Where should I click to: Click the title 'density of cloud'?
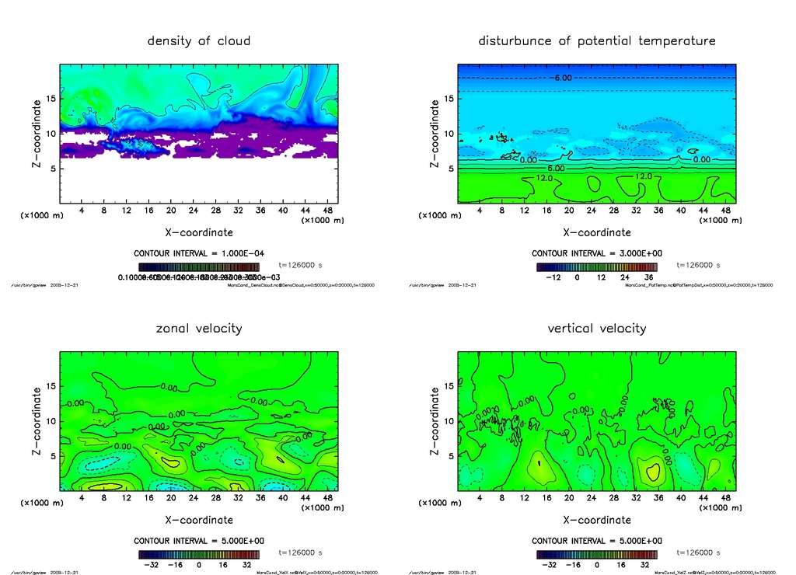(x=199, y=40)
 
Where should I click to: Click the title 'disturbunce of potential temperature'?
(x=596, y=40)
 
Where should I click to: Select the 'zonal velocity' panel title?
(x=199, y=328)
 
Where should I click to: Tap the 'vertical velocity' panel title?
(x=596, y=328)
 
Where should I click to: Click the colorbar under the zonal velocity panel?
(x=199, y=555)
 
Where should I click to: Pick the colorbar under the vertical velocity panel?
(x=596, y=555)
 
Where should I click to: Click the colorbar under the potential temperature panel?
(x=596, y=267)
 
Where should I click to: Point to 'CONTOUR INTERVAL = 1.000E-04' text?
(x=199, y=253)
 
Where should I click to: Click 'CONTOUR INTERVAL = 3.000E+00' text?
(x=596, y=253)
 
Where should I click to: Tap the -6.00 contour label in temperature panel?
(x=562, y=78)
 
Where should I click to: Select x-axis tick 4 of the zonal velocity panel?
(x=82, y=498)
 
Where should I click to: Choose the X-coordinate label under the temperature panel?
(x=596, y=232)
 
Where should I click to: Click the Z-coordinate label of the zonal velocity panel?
(x=37, y=421)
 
